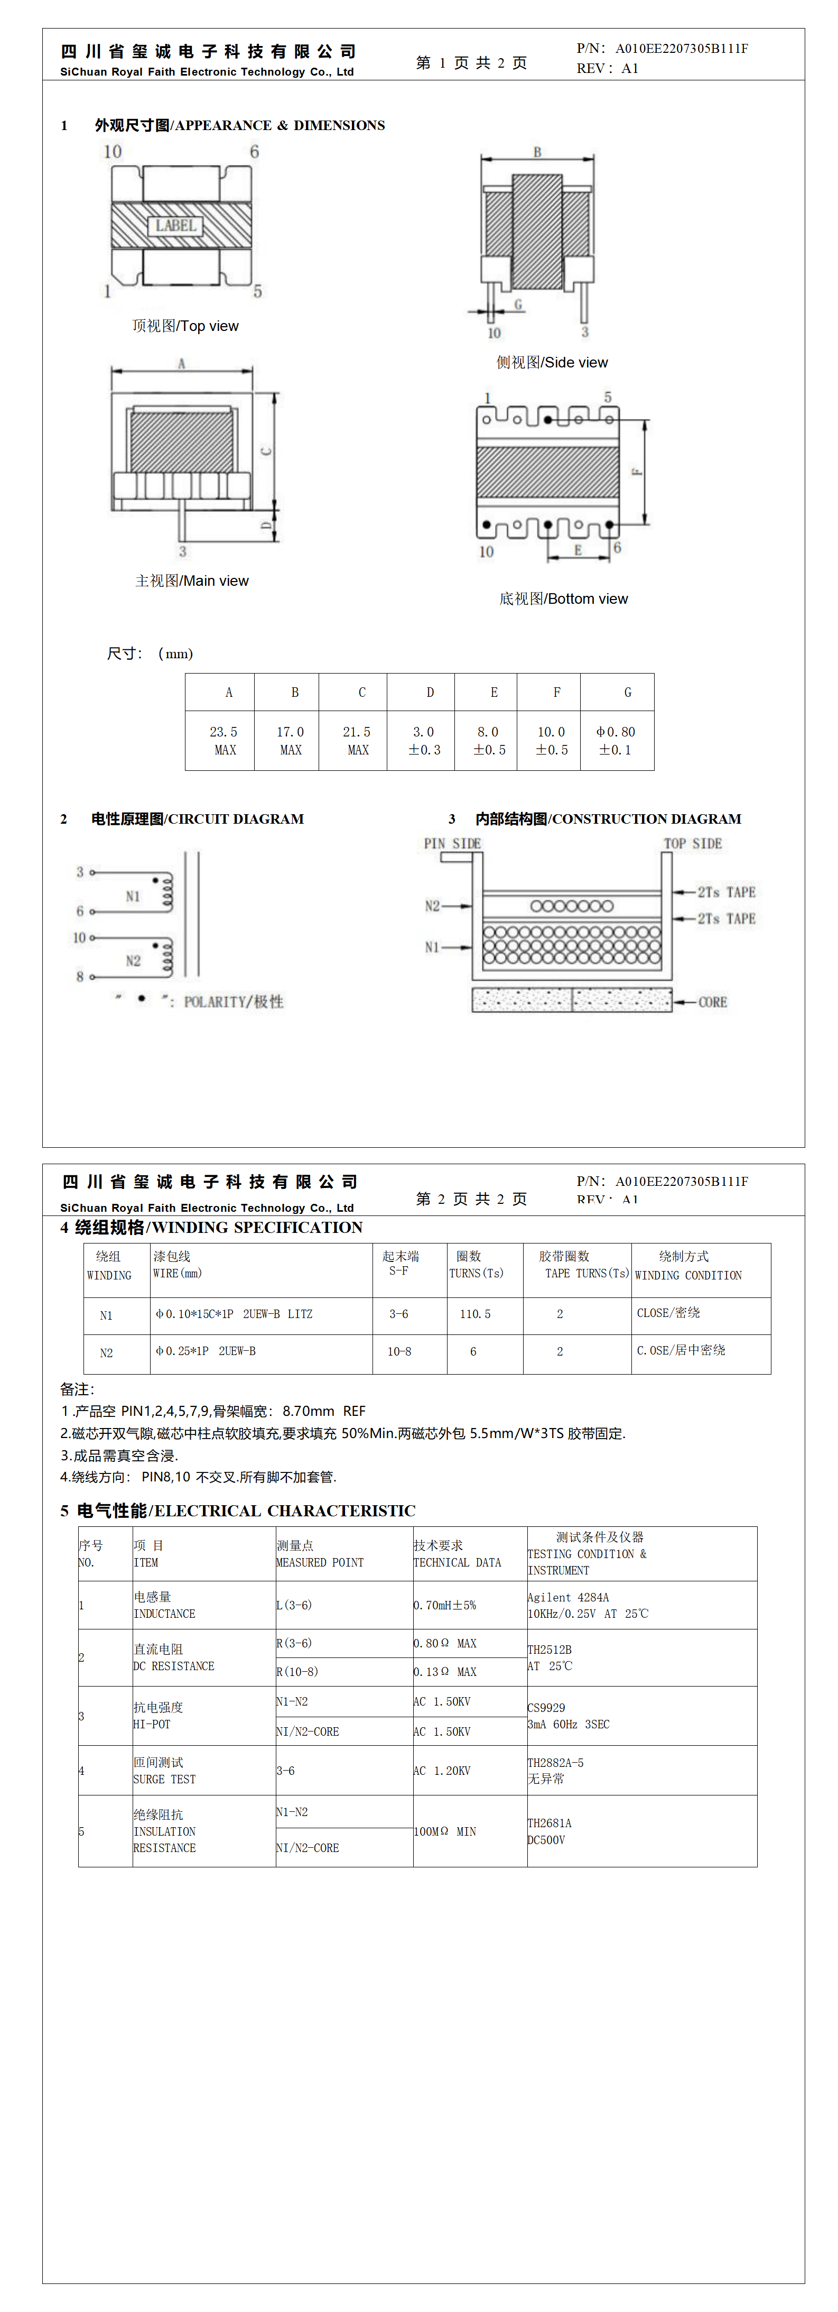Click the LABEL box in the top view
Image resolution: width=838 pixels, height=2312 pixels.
point(176,225)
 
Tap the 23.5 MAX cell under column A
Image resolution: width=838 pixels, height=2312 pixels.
point(225,741)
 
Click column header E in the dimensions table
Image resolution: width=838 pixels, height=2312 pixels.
point(494,692)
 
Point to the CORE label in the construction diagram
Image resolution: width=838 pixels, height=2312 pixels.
point(712,1002)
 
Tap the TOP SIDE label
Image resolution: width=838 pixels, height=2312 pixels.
point(693,844)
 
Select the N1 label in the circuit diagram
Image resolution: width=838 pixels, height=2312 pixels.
point(133,896)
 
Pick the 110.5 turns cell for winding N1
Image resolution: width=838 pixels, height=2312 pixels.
point(476,1314)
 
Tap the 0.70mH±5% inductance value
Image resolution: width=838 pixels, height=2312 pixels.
point(445,1605)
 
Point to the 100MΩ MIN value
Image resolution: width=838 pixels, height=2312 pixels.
point(445,1831)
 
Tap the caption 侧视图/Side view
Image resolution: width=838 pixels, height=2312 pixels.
point(552,363)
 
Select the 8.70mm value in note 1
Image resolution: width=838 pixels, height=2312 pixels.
point(309,1411)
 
